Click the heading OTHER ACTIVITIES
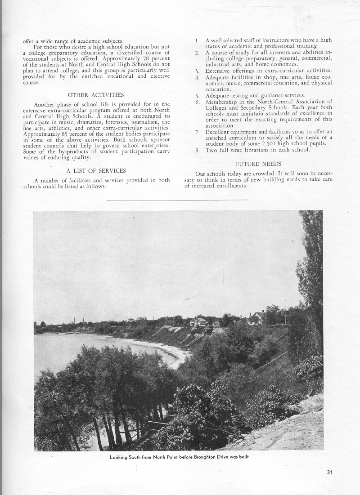click(x=96, y=95)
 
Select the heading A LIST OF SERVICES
click(x=96, y=171)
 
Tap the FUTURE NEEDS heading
click(x=258, y=164)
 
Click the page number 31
click(x=331, y=472)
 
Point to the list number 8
click(x=197, y=150)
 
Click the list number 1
click(x=197, y=40)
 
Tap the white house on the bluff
click(x=199, y=321)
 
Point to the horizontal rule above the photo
click(x=177, y=200)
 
